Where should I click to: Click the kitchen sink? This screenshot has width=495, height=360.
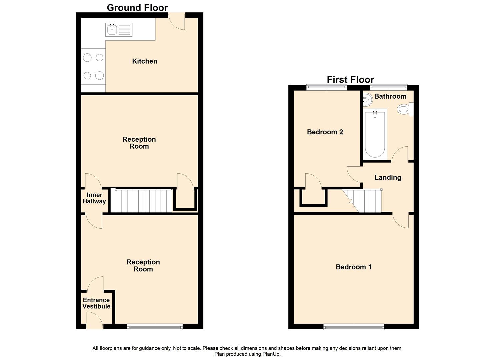[x=119, y=30]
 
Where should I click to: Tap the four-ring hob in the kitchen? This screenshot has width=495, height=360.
[x=93, y=67]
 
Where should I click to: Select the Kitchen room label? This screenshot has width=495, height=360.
[x=145, y=61]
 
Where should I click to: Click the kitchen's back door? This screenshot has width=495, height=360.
[x=177, y=21]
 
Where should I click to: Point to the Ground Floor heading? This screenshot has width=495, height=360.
[x=137, y=7]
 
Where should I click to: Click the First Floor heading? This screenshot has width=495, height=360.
[x=350, y=79]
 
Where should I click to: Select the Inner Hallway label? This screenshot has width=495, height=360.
[x=94, y=198]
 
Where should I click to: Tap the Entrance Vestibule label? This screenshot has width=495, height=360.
[x=96, y=303]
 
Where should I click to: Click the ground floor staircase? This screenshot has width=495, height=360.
[x=141, y=201]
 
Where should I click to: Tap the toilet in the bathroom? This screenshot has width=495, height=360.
[x=404, y=109]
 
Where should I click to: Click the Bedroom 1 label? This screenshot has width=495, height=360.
[x=353, y=267]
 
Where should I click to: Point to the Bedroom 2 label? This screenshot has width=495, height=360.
[x=325, y=132]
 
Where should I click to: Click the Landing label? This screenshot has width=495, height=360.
[x=388, y=177]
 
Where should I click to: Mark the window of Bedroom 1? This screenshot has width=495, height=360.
[x=354, y=327]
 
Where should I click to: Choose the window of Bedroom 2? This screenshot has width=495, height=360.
[x=326, y=88]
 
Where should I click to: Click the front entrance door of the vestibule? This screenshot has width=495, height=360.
[x=94, y=321]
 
